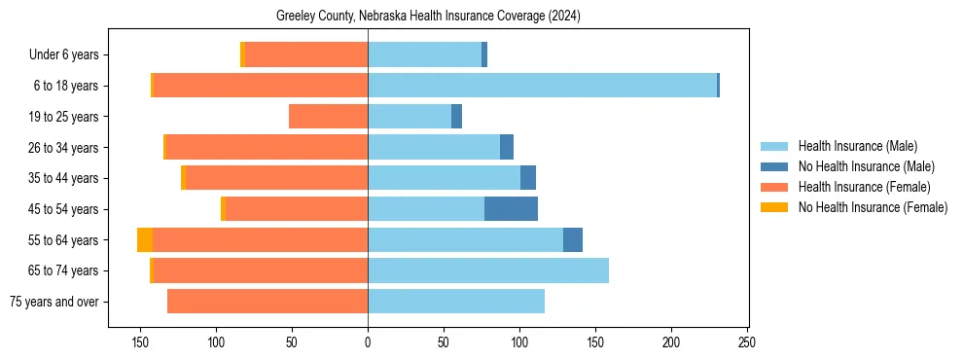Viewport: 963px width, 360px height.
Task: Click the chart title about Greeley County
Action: [x=428, y=16]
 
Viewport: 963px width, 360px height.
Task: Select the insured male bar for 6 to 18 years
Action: [x=542, y=86]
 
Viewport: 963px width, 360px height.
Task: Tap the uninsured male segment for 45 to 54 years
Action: [x=511, y=208]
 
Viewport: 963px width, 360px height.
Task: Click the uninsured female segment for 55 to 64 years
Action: [x=145, y=239]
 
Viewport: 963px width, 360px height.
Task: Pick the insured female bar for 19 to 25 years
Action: [x=328, y=117]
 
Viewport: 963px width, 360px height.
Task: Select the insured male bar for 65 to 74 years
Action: [x=488, y=270]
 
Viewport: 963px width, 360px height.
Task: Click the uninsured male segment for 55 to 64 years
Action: [x=573, y=239]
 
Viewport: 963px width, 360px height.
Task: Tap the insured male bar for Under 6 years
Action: [x=424, y=54]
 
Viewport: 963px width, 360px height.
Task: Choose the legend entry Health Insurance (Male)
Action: [x=856, y=146]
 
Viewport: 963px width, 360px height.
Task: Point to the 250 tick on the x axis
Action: [x=747, y=342]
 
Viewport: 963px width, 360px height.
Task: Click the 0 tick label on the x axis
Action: [x=368, y=342]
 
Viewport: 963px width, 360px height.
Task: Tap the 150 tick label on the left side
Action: [x=140, y=342]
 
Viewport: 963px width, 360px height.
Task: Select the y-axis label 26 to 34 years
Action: [x=63, y=148]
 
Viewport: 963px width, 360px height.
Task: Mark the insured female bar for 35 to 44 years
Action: [x=276, y=178]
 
